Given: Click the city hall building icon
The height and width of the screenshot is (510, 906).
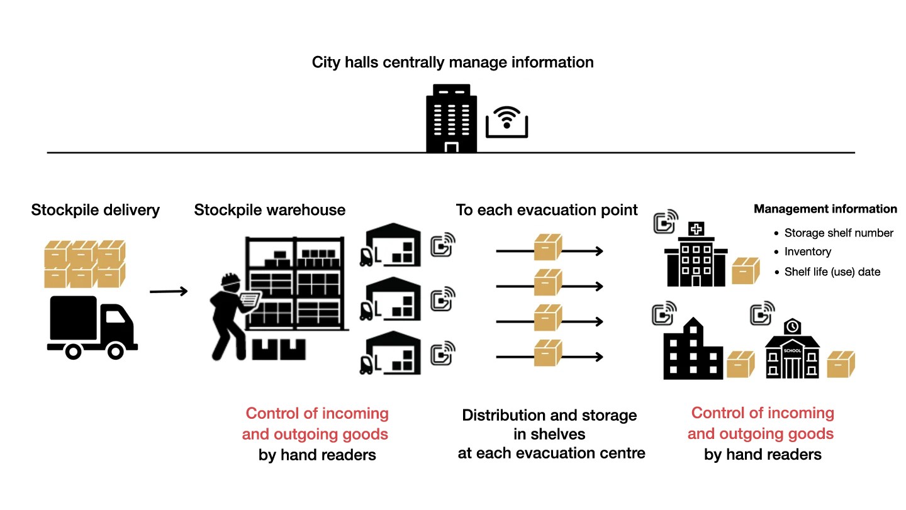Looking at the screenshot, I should [x=451, y=119].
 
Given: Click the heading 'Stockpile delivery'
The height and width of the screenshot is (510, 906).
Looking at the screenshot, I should [x=96, y=210].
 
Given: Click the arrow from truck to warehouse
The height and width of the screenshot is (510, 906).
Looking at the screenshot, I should [x=169, y=291].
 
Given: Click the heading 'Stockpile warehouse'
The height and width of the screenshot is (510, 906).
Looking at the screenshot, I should [x=270, y=210].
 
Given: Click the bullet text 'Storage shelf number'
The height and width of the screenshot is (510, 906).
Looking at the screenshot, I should [x=838, y=233].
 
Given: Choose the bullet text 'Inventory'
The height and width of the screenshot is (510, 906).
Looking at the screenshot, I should [x=807, y=252].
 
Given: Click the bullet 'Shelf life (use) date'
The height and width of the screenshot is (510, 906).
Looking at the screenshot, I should [x=832, y=272].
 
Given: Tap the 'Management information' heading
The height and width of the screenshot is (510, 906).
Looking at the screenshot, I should [x=825, y=209].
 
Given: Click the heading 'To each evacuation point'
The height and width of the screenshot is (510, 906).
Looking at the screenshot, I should [x=547, y=210].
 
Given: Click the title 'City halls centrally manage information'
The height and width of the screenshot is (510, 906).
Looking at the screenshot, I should [x=452, y=63].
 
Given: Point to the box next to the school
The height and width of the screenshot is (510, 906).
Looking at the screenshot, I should [x=841, y=365].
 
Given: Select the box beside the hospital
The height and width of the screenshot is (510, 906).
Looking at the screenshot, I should [x=746, y=271].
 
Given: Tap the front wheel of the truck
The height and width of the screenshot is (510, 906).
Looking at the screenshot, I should [x=116, y=350].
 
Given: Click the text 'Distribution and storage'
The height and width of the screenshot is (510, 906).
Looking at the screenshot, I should [x=549, y=416].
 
